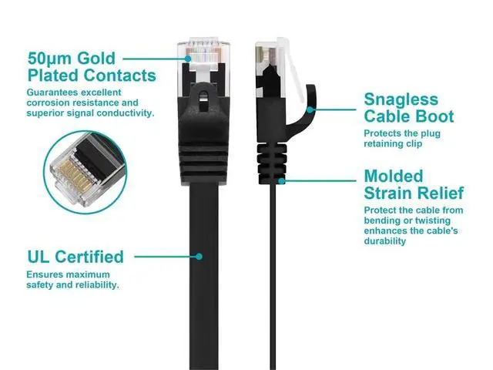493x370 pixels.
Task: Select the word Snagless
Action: [401, 99]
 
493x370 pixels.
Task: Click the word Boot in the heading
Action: [434, 117]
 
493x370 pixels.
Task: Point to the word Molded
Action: [394, 175]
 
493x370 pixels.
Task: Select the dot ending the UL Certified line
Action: [200, 257]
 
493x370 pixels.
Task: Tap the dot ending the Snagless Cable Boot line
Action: [310, 109]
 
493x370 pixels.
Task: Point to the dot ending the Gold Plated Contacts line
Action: [187, 58]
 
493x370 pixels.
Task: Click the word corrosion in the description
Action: [52, 103]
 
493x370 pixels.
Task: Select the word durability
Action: [385, 241]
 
